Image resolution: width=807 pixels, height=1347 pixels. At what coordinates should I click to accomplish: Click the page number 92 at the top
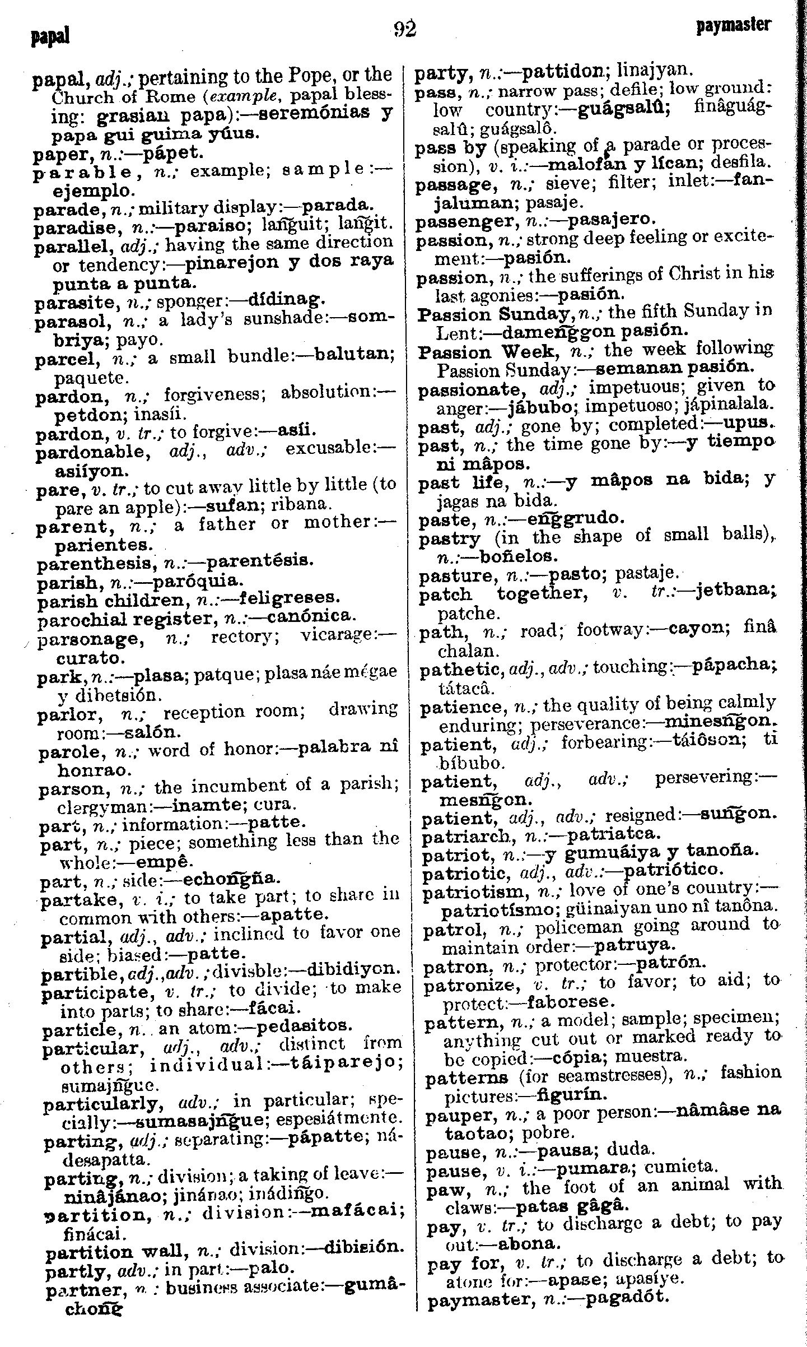[404, 29]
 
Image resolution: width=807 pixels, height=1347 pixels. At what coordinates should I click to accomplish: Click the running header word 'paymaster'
[734, 26]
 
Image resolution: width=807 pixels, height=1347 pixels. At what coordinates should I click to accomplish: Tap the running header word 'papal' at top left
[51, 37]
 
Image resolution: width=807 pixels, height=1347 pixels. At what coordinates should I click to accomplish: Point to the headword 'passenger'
[466, 221]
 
